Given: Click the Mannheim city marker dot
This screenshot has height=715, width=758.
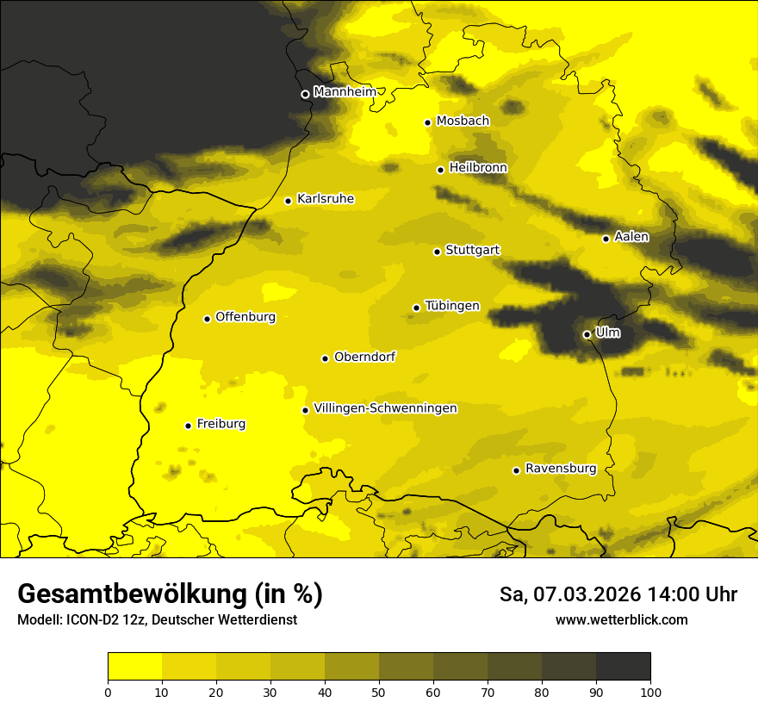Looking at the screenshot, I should coord(305,95).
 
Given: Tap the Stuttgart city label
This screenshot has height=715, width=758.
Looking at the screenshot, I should coord(472,251).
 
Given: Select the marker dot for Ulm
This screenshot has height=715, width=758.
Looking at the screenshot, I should coord(587,334).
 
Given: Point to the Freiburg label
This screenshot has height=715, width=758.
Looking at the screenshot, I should coord(221,424).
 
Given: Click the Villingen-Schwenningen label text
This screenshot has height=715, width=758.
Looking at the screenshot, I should coord(385,408).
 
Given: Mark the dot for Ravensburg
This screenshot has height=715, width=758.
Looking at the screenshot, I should coord(516,470).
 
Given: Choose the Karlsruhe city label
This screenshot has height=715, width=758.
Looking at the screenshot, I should coord(325,199).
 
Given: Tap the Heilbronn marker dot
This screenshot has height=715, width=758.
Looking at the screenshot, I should coord(440,170).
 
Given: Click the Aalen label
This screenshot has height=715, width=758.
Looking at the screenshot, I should coord(631,237).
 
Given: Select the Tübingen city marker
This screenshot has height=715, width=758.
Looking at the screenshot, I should coord(416,308).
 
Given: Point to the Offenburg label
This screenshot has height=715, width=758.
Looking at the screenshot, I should coord(245,317).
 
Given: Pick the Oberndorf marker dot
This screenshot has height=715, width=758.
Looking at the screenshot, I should coord(325,358).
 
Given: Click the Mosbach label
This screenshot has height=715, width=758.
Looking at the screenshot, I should coord(463,121).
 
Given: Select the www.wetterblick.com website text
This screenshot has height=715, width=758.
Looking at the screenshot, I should coord(621,620).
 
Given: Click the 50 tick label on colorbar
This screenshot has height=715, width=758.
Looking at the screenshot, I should coord(379,692).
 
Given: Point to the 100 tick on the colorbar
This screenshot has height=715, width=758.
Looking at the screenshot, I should coord(650,692).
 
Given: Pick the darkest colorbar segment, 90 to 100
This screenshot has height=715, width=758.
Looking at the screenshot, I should coord(623,666).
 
